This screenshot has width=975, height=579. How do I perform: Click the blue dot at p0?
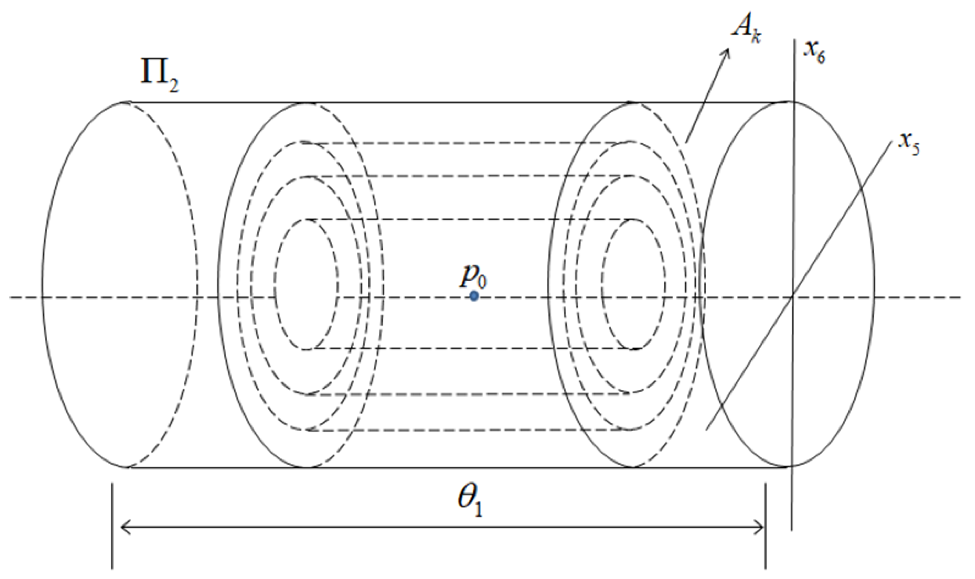[474, 296]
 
